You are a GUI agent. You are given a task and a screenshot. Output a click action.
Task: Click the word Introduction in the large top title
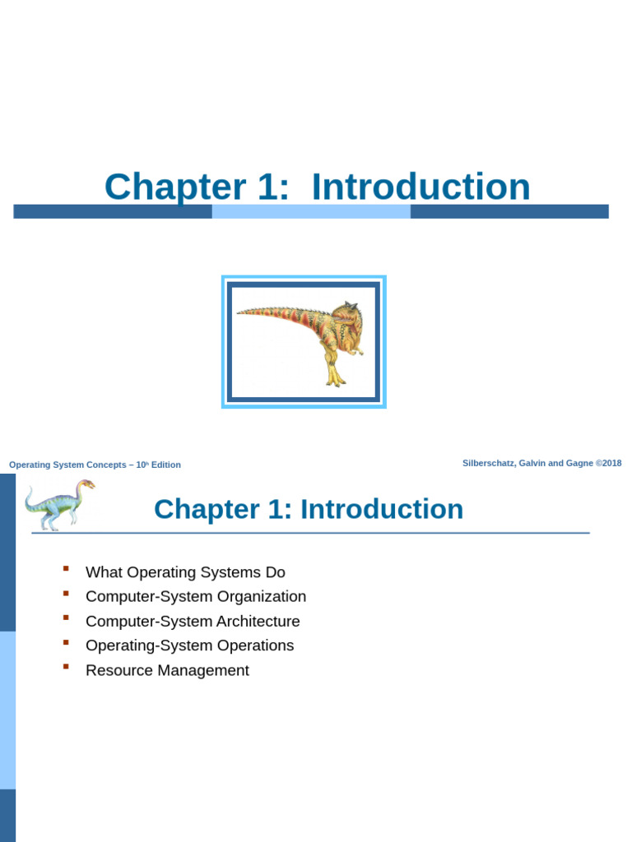[x=421, y=187]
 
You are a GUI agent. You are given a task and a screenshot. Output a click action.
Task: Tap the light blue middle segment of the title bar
[x=311, y=211]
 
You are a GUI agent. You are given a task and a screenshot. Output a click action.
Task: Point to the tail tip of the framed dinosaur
[x=241, y=312]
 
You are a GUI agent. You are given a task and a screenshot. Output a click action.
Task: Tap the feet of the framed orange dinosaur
[x=335, y=380]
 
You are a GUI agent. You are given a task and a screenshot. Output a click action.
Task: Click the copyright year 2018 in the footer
[x=612, y=463]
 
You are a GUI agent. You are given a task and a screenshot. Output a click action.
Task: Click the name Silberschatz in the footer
[x=489, y=463]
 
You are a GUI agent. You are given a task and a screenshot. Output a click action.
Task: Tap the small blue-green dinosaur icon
[x=58, y=504]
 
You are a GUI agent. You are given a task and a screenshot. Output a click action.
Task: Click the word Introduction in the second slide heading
[x=382, y=509]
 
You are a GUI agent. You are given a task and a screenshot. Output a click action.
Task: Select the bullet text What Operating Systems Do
[x=185, y=572]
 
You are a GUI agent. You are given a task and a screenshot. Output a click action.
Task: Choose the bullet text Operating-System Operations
[x=189, y=645]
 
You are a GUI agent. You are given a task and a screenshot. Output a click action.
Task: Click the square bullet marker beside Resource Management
[x=66, y=666]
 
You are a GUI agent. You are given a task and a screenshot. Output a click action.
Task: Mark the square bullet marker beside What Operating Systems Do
[x=66, y=568]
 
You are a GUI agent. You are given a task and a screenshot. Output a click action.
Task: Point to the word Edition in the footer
[x=165, y=465]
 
